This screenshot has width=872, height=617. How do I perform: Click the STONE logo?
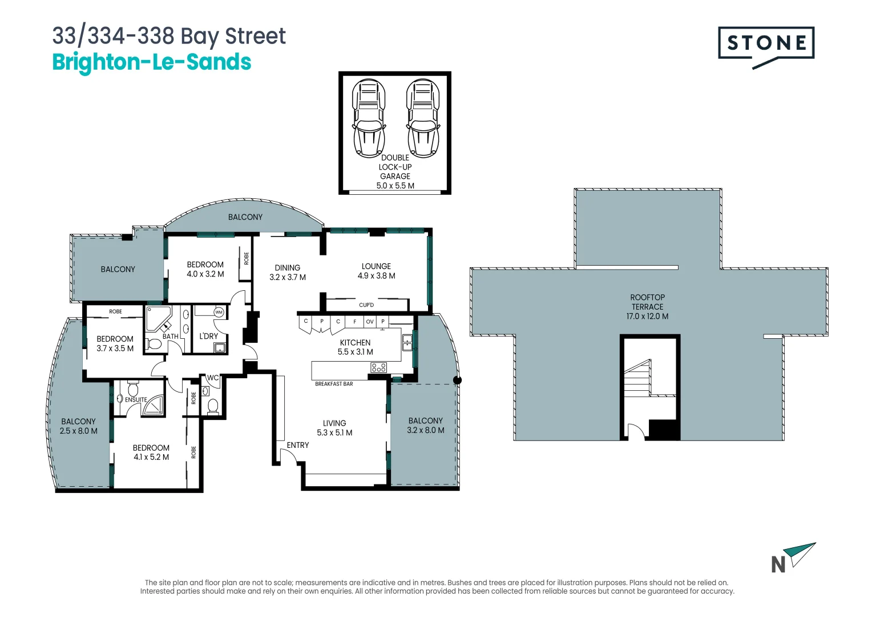[x=766, y=44]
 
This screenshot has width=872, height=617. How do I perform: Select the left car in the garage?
[x=369, y=118]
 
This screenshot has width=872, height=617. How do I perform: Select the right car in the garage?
[x=423, y=118]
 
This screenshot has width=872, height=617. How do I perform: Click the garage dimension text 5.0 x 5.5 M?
[x=395, y=186]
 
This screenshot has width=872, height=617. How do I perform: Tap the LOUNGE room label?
[x=376, y=266]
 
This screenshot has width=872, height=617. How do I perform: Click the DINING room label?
[x=287, y=267]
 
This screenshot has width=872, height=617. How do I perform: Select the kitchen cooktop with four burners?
[x=379, y=368]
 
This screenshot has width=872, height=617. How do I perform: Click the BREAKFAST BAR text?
[x=334, y=384]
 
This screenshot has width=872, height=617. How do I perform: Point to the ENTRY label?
[x=297, y=445]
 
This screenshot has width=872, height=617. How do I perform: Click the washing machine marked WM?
[x=219, y=312]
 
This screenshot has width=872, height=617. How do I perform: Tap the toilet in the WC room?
[x=213, y=406]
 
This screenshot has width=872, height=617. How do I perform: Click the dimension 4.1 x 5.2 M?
[x=151, y=457]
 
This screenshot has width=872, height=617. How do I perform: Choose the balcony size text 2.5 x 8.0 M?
[x=78, y=431]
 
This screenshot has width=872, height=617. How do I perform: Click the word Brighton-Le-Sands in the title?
[x=151, y=62]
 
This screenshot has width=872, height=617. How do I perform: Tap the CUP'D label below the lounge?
[x=366, y=305]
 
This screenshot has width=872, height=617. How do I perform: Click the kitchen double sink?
[x=407, y=343]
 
